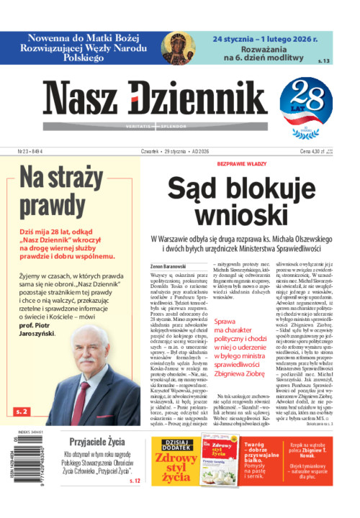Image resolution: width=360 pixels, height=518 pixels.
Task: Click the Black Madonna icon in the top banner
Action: tap(177, 49)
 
